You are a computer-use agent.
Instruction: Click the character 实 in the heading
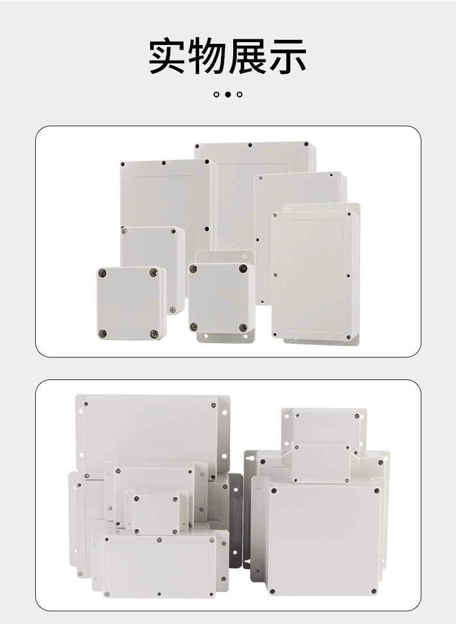coord(168,56)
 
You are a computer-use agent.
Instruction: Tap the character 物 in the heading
coord(207,56)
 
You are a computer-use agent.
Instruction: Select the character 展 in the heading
coord(247,56)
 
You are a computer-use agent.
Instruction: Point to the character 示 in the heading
coord(287,56)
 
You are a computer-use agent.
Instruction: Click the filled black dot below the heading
coord(228,95)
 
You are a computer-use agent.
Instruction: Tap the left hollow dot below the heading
coord(216,95)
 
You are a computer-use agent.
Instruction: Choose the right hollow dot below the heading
coord(240,95)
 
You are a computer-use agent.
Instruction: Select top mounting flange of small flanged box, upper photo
coord(225,256)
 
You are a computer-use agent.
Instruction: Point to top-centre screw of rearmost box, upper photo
coord(250,145)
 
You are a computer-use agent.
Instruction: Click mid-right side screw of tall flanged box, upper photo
coord(349,276)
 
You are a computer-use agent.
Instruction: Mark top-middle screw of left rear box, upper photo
coord(164,163)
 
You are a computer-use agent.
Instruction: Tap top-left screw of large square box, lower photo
coord(274,491)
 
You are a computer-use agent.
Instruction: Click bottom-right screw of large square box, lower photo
coord(373,592)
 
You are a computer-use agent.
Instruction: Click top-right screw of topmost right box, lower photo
coord(357,416)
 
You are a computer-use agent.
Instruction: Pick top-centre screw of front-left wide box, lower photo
coord(159,540)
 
